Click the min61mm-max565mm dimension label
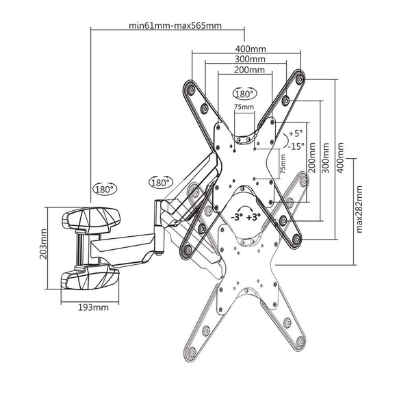[175, 25]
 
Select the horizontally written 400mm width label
[251, 49]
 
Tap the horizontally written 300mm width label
[250, 59]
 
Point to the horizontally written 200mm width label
[249, 70]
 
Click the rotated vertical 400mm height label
[341, 157]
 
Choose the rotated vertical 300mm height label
[326, 157]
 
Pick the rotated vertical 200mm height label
[312, 157]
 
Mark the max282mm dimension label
[359, 209]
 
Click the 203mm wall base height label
[43, 244]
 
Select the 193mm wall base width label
[93, 307]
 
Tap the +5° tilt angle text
[296, 133]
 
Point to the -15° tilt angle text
[296, 146]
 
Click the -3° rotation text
[237, 217]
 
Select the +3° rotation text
[253, 217]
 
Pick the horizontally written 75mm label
[244, 107]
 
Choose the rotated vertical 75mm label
[283, 164]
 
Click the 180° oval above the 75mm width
[244, 94]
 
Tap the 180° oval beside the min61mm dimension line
[105, 189]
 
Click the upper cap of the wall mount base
[91, 219]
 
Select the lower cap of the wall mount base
[90, 277]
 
